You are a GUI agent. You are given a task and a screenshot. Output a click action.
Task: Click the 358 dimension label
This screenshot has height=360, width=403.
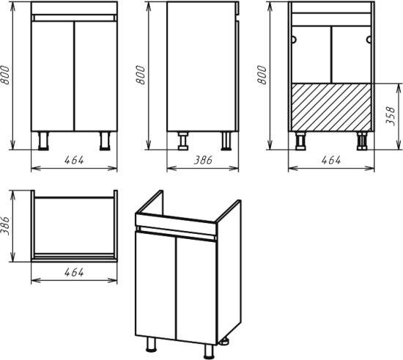point(390,116)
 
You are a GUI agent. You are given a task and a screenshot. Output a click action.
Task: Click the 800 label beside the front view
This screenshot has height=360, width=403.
point(5,75)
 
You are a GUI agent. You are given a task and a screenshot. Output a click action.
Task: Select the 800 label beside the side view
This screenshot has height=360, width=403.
point(141,75)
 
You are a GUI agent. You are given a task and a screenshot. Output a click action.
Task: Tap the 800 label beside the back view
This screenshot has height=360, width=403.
point(262,75)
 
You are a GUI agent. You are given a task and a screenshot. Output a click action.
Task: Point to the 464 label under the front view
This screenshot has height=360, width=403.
point(74,160)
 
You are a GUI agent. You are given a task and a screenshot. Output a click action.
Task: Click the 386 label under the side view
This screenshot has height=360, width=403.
point(203,160)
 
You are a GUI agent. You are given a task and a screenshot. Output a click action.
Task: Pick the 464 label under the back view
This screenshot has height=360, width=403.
point(331,160)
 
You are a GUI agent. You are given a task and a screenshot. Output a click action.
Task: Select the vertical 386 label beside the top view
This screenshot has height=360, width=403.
point(5,226)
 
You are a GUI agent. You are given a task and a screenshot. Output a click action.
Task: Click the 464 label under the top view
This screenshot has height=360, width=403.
point(74,272)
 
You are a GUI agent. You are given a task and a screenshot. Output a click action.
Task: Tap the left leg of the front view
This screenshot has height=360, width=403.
point(43,141)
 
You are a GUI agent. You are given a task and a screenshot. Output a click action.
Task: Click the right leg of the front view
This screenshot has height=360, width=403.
point(105,141)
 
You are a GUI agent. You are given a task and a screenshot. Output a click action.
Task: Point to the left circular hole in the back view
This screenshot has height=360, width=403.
point(294,40)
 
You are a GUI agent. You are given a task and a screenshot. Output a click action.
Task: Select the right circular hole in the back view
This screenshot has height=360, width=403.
point(369,40)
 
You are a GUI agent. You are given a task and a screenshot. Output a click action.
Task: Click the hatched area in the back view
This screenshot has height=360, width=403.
point(331,107)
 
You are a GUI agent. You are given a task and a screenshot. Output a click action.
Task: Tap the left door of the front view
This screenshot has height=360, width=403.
point(53,76)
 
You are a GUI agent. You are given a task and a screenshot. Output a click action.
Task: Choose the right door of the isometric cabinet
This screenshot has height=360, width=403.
point(197,290)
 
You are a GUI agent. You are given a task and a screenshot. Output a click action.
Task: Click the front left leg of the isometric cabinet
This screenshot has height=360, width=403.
point(151,344)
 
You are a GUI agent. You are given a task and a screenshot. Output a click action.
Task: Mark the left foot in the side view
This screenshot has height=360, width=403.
point(183,141)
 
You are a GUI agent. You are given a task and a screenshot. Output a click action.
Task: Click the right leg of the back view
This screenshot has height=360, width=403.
point(362,141)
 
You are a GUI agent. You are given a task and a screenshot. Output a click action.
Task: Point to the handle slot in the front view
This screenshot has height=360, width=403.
point(74,18)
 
